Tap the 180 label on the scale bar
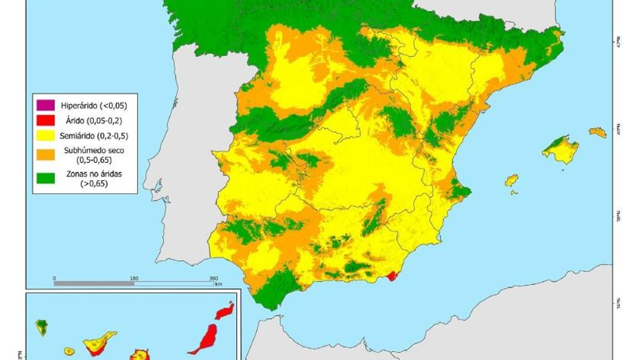(x=134, y=278)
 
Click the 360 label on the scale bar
(x=213, y=278)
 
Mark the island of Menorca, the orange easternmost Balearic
(x=598, y=132)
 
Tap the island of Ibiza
(x=511, y=180)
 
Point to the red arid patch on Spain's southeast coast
(x=393, y=276)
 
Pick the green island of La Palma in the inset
(x=42, y=326)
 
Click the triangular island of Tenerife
(x=99, y=342)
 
